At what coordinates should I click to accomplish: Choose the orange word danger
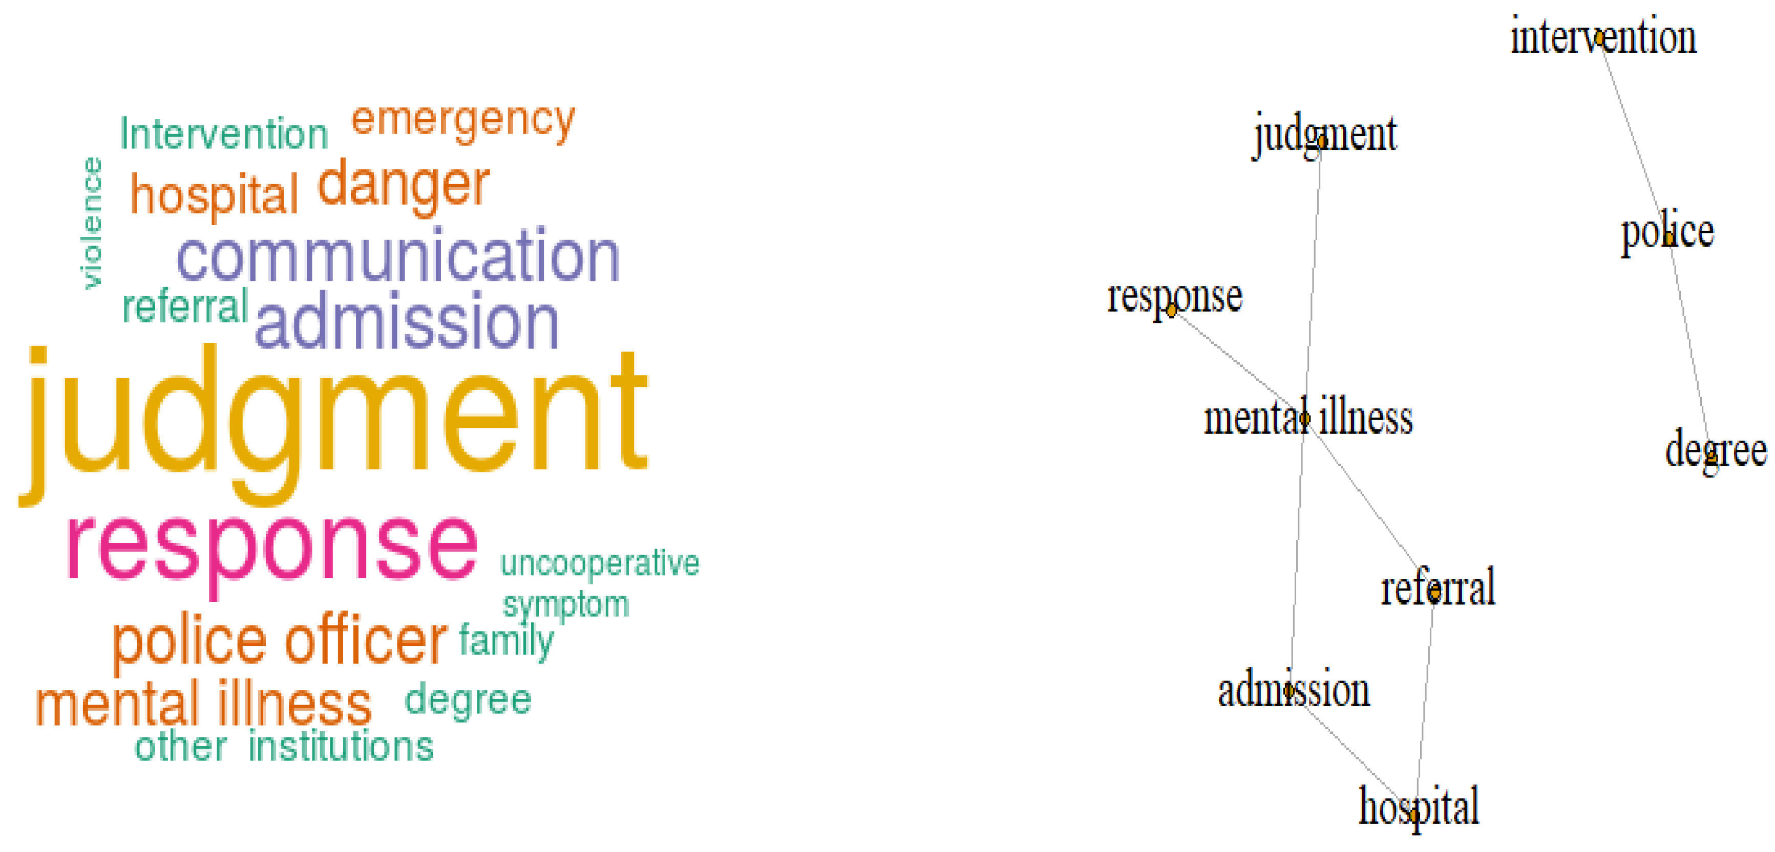coord(403,185)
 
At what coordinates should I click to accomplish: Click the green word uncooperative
coord(600,563)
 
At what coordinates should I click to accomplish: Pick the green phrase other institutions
coord(284,746)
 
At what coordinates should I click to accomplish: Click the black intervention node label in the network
coord(1603,37)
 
